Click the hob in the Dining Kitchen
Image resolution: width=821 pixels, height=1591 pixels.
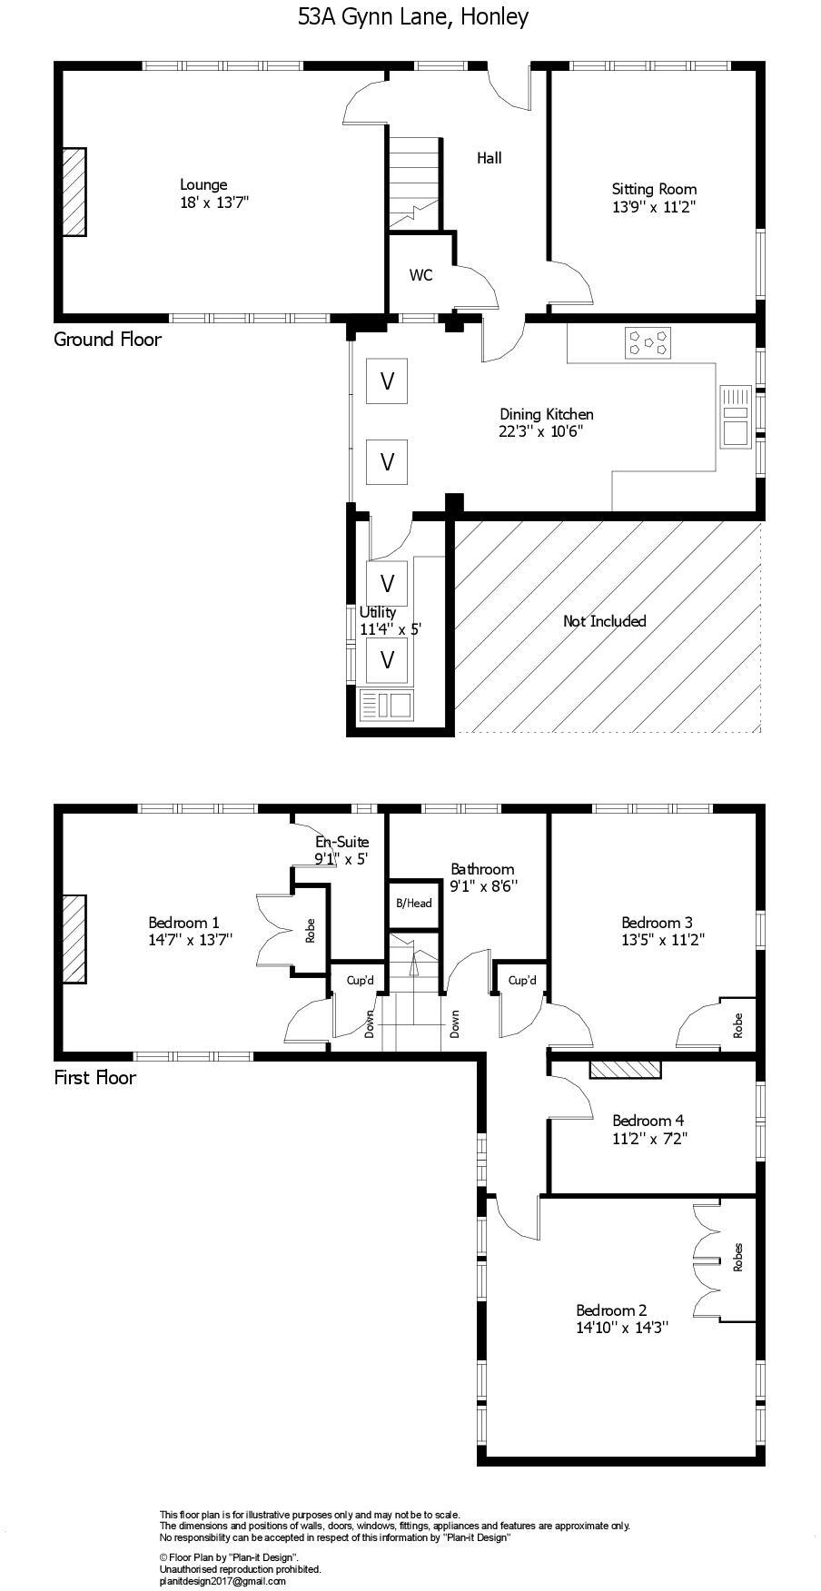coord(648,342)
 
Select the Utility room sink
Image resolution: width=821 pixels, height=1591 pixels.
coord(387,705)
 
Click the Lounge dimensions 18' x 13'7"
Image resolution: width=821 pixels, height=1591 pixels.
coord(214,203)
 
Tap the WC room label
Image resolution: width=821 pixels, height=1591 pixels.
coord(420,275)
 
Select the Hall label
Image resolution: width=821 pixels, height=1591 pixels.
coord(489,158)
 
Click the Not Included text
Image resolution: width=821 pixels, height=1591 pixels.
coord(604,621)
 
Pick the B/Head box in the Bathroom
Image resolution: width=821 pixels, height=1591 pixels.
coord(413,903)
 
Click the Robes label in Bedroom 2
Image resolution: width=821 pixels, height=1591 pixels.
coord(737,1257)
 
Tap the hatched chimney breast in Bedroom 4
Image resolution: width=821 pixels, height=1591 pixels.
coord(625,1069)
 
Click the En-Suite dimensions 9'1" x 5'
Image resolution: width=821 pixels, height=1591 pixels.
coord(341,858)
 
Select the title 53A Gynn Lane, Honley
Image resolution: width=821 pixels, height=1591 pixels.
coord(412,16)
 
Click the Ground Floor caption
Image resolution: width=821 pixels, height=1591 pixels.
coord(107,339)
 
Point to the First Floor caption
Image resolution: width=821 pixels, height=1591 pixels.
coord(94,1077)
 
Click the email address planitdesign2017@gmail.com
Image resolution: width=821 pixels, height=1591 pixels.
coord(223,1581)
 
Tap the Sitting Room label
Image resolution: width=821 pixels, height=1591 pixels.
coord(654,189)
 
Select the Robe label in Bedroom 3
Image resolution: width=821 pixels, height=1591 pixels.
coord(737,1025)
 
